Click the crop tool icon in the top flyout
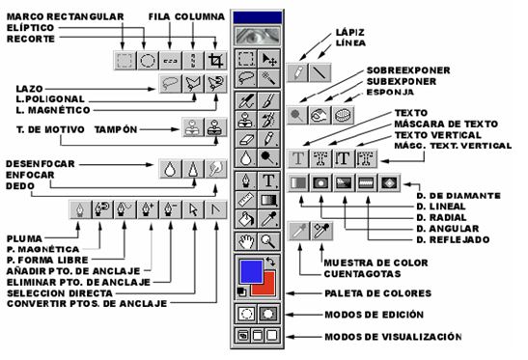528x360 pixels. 216,61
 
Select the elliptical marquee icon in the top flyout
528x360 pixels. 148,61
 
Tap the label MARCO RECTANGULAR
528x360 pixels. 66,16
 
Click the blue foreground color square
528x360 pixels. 251,271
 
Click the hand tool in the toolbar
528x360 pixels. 246,241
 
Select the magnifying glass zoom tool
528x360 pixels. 268,241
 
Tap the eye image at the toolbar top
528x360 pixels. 258,36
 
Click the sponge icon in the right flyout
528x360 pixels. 344,115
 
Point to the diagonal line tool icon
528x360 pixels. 320,72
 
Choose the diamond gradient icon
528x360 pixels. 390,183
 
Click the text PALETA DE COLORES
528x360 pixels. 377,293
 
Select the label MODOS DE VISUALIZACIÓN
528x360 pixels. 393,337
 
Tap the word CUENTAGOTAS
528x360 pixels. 362,274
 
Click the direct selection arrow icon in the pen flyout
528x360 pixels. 193,209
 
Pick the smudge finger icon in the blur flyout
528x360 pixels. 216,169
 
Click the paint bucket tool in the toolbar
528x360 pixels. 246,219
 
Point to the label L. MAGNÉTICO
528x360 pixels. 53,110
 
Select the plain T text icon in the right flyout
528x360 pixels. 298,158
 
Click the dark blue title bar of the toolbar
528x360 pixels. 258,17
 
